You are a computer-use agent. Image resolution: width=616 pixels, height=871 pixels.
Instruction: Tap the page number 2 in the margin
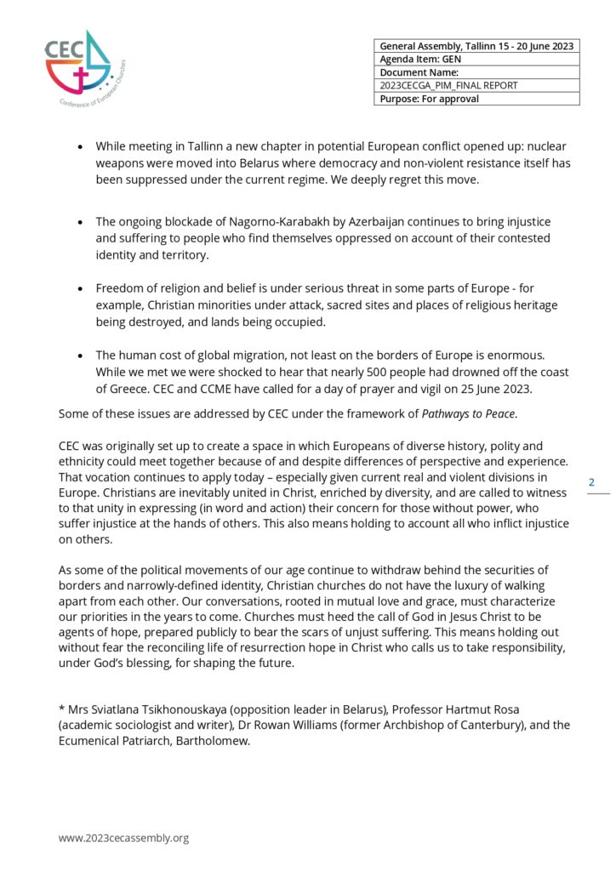[592, 482]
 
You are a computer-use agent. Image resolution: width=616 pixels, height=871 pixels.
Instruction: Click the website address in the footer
[123, 838]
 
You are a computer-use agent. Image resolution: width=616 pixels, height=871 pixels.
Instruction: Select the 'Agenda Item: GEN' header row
[476, 60]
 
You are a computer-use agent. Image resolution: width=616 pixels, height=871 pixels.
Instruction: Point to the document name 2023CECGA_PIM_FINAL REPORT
[448, 85]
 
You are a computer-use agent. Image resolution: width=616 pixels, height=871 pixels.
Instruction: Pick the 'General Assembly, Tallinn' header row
[476, 46]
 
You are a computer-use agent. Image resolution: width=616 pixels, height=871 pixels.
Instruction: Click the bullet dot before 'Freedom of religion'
[80, 289]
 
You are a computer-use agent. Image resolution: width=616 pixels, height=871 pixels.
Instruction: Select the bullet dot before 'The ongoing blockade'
[80, 223]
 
